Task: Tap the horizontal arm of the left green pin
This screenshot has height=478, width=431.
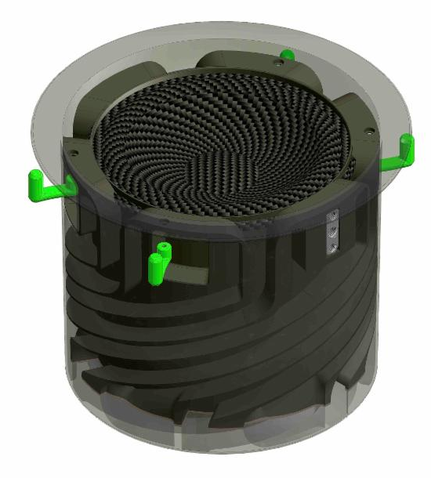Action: tap(55, 188)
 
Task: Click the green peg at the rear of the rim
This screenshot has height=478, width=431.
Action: tap(288, 56)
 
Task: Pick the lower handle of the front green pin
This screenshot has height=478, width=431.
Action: tap(155, 271)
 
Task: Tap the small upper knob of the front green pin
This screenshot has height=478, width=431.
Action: tap(164, 249)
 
